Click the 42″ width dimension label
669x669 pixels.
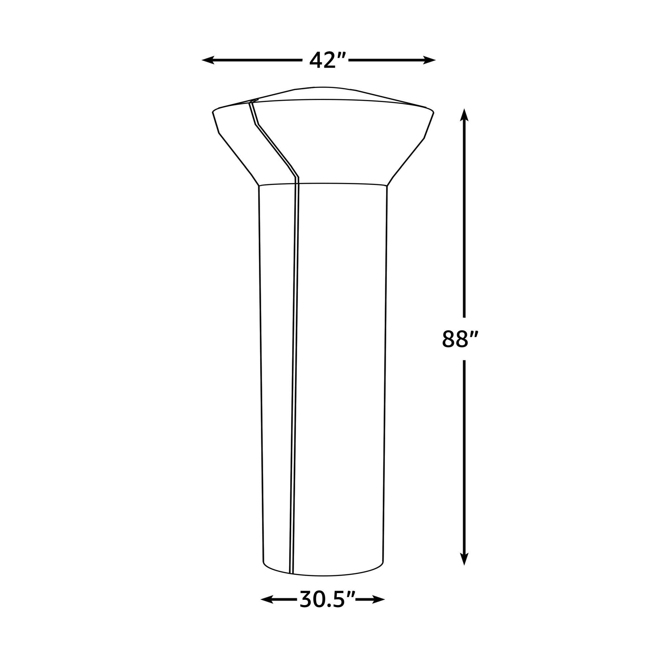pyautogui.click(x=323, y=61)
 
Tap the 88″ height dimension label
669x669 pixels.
pyautogui.click(x=460, y=339)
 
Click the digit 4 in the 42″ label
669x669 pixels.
pyautogui.click(x=315, y=61)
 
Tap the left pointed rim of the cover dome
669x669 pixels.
pyautogui.click(x=213, y=112)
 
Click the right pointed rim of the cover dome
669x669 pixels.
pyautogui.click(x=434, y=112)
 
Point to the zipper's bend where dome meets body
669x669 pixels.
pyautogui.click(x=298, y=177)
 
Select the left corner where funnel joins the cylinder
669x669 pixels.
pyautogui.click(x=259, y=186)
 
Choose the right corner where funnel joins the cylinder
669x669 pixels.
pyautogui.click(x=387, y=186)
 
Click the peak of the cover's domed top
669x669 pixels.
pyautogui.click(x=322, y=87)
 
